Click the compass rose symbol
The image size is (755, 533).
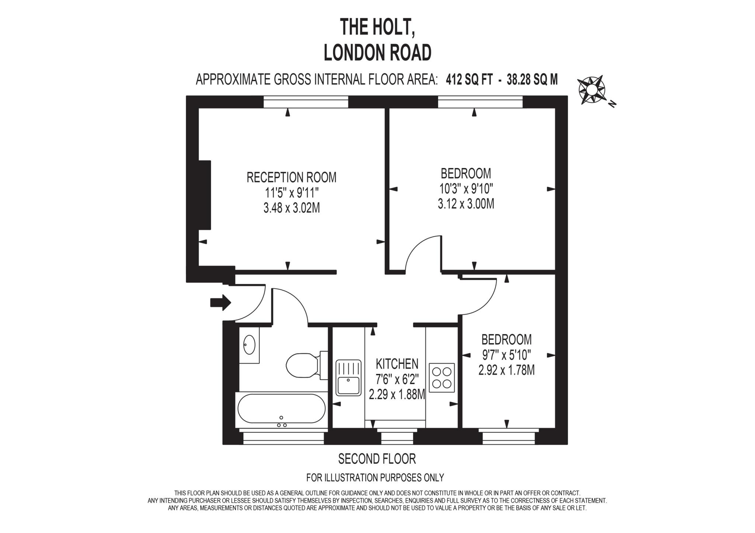pos(591,90)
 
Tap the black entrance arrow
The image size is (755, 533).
pos(220,303)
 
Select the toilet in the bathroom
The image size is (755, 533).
pos(302,365)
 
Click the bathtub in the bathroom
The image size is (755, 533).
pos(281,408)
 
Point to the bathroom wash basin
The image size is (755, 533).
pos(249,345)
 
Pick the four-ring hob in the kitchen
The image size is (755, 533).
pos(442,377)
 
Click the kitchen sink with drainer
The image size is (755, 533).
pos(348,377)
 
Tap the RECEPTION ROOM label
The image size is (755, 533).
pos(291,177)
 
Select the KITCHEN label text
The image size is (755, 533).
pos(397,364)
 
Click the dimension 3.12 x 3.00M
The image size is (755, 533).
pos(466,204)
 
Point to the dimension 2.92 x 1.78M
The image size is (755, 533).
pos(506,370)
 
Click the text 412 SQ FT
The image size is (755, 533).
pos(469,79)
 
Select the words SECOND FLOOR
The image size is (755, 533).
pos(377,459)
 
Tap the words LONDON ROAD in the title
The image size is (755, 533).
pos(377,53)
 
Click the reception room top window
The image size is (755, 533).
pos(306,102)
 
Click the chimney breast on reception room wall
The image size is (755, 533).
pos(205,195)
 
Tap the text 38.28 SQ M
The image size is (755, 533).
pos(532,79)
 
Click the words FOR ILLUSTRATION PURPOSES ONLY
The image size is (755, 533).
pos(375,478)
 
